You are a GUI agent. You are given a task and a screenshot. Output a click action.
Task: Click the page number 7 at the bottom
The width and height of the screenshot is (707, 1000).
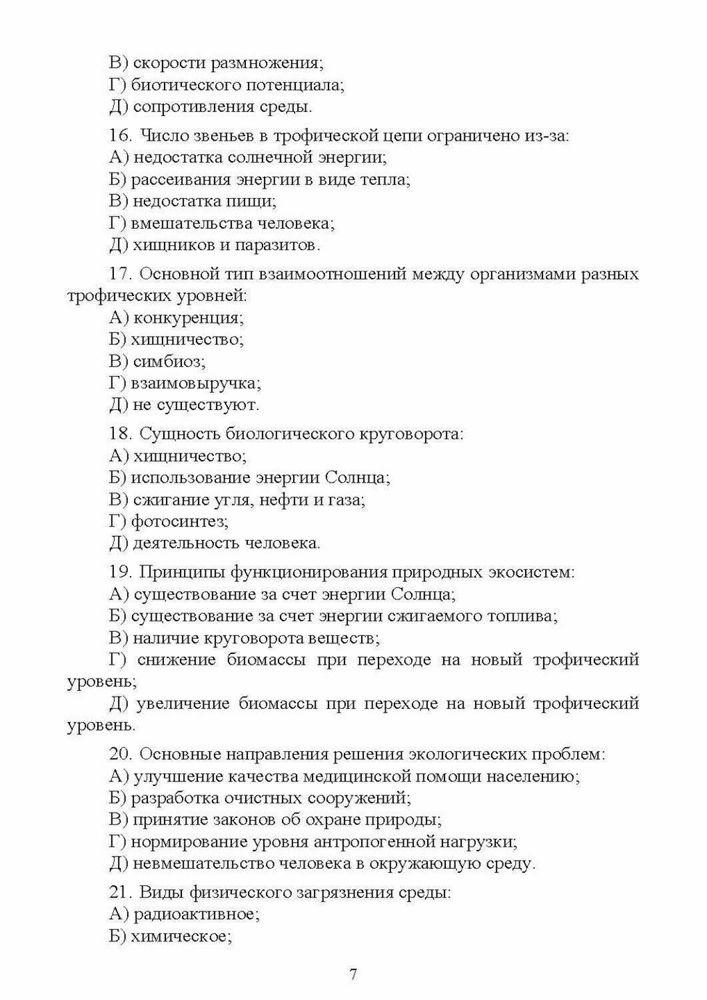tap(353, 974)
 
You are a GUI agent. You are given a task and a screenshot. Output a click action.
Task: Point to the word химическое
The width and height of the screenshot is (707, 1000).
tap(181, 936)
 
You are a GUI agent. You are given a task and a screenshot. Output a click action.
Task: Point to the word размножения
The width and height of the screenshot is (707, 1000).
tap(267, 63)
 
